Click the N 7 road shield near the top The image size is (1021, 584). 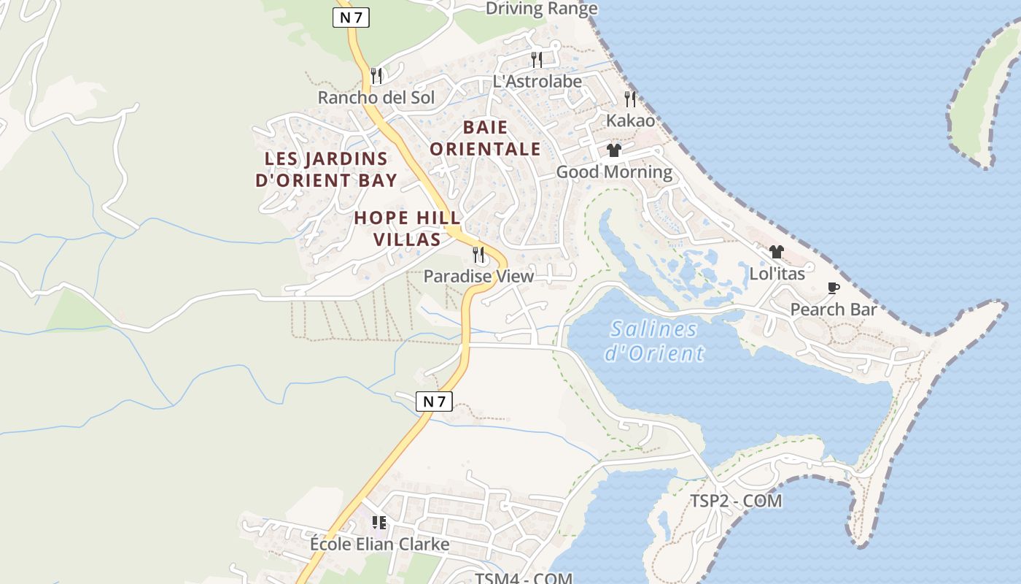point(351,18)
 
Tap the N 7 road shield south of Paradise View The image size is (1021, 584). point(434,401)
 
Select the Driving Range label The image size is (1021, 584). point(541,9)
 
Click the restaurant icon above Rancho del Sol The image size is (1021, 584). point(376,75)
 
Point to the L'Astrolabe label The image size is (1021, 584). point(537,81)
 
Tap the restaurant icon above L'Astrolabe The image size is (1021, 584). point(537,59)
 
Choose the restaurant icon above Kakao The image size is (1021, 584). point(630,99)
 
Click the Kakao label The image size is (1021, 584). point(631,120)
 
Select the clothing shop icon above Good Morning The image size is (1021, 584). point(614,150)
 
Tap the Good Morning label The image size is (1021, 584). point(614,172)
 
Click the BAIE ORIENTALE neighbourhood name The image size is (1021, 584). point(485,139)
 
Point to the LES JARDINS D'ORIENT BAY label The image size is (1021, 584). point(326,169)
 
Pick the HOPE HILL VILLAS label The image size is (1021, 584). point(407,228)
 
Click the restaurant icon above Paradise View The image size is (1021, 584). point(478,254)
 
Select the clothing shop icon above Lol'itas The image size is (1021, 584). point(777,252)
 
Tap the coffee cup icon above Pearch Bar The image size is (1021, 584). point(833,288)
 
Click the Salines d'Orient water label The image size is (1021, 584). point(654,341)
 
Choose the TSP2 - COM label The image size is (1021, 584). point(736,501)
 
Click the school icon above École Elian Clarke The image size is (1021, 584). point(378,522)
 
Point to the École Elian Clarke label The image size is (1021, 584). point(379,545)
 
